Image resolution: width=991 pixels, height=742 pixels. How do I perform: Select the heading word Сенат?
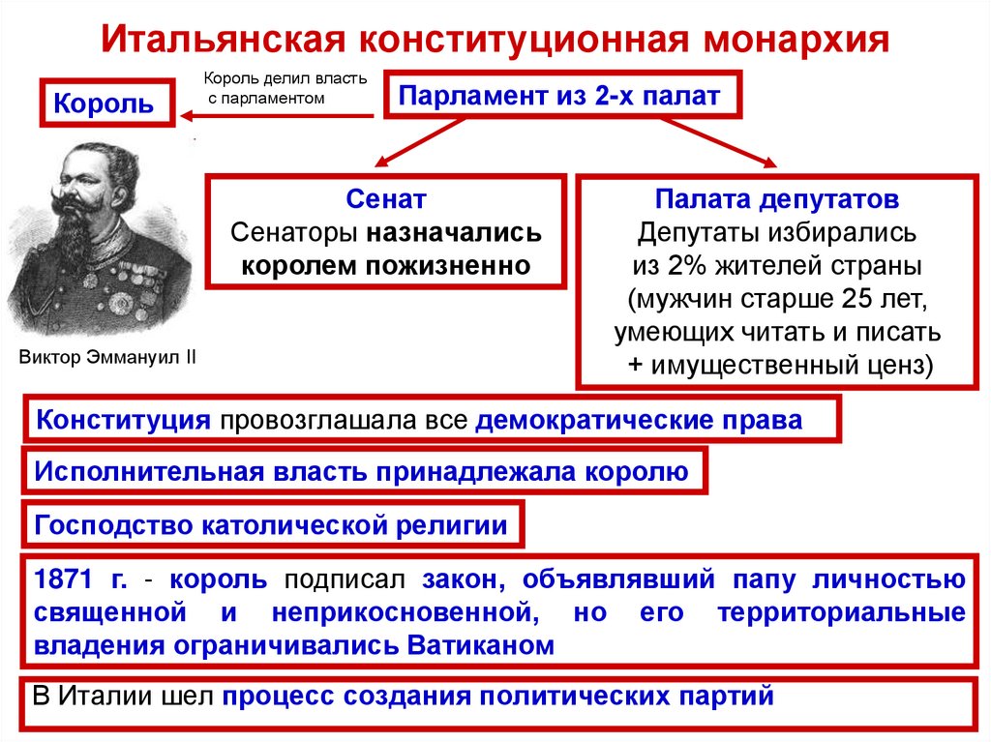(x=385, y=200)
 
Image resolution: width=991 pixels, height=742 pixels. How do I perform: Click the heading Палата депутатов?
(x=777, y=200)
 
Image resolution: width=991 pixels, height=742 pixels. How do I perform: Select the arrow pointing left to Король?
(x=276, y=117)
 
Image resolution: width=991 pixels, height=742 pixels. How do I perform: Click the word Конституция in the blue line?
(x=123, y=421)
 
